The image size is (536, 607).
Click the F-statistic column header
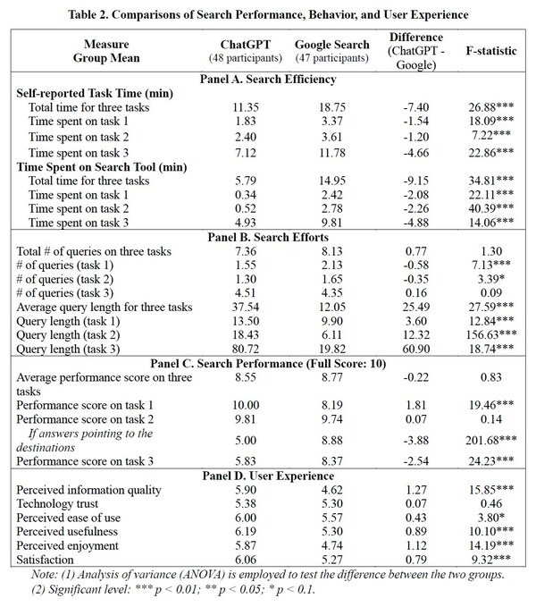[x=490, y=52]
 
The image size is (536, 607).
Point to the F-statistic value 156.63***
[x=488, y=333]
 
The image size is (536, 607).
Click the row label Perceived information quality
[x=89, y=490]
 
